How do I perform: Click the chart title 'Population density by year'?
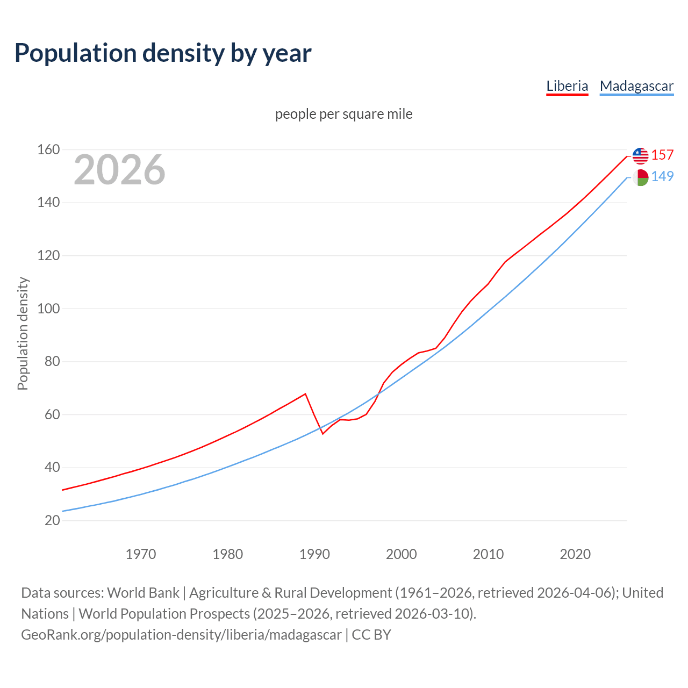point(163,53)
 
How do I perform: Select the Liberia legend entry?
point(567,86)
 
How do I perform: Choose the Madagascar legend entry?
point(636,86)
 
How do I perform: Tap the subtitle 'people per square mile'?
point(343,114)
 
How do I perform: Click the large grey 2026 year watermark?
point(119,170)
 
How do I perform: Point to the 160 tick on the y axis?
point(48,149)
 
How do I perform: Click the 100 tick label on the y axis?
point(48,309)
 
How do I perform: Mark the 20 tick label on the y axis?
point(52,520)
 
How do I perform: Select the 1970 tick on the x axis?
point(141,554)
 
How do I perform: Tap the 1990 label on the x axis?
point(314,554)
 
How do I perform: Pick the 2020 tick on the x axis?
point(575,554)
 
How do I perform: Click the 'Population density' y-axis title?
point(23,333)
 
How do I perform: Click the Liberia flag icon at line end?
point(640,156)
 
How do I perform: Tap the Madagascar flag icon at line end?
point(640,177)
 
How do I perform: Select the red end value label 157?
point(662,155)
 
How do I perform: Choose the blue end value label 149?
point(662,177)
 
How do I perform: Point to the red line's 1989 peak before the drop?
point(305,393)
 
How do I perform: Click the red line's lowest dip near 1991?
point(322,434)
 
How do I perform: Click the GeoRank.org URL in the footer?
point(181,635)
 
